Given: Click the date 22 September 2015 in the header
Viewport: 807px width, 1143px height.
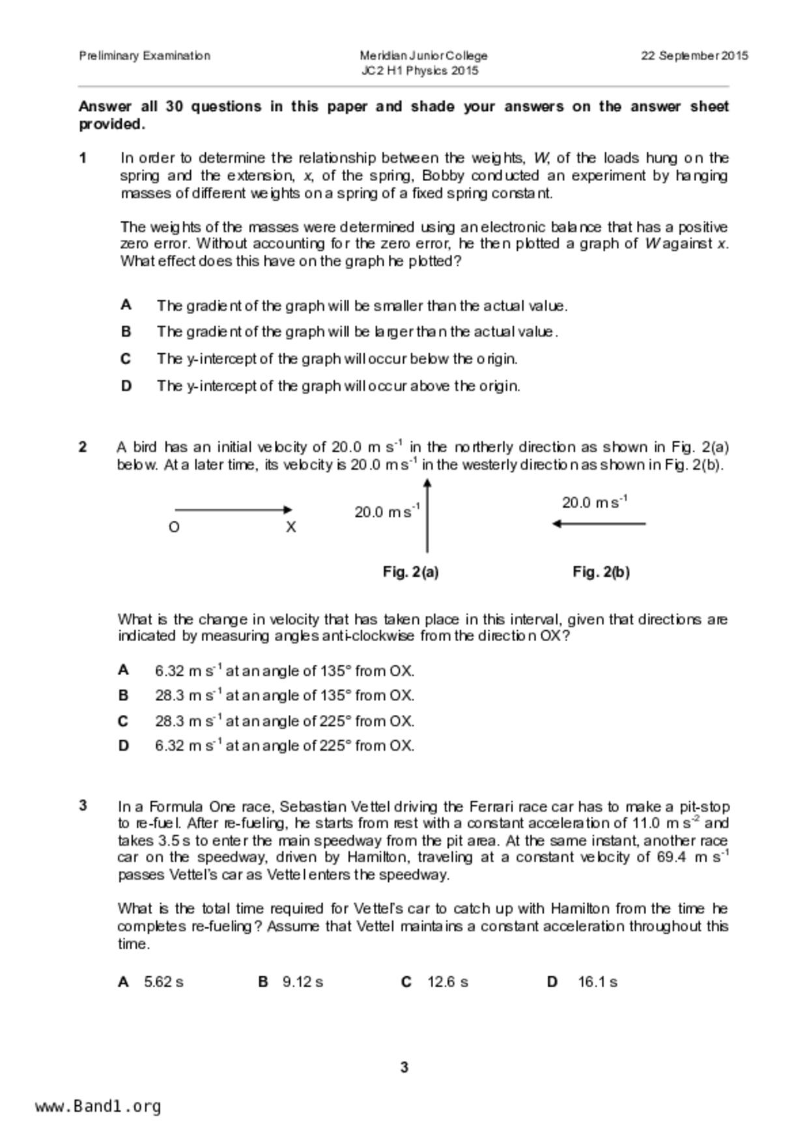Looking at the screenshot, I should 694,56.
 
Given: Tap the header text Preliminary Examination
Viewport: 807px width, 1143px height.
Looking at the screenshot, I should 145,56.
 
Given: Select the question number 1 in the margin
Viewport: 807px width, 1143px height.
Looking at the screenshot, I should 83,158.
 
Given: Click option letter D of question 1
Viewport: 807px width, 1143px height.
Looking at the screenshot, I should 126,386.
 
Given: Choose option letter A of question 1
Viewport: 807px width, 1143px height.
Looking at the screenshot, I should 126,305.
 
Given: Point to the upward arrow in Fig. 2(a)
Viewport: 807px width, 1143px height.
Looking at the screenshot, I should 427,515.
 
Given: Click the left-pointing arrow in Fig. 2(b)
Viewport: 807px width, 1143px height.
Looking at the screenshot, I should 599,523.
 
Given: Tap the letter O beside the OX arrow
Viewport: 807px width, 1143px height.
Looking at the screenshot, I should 174,528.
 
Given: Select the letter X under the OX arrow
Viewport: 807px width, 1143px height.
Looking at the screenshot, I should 290,528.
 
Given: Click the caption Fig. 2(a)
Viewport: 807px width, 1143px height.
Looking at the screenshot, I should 410,572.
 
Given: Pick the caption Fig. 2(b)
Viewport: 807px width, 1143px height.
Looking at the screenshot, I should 601,572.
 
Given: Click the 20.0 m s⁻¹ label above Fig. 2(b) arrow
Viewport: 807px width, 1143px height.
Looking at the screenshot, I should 594,502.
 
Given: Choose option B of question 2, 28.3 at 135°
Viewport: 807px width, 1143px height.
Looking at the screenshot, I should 284,696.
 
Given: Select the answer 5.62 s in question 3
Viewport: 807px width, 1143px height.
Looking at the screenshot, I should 163,982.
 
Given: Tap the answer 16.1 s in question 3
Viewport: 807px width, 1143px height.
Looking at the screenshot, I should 597,982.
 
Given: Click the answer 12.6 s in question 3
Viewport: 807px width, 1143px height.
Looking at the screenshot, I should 447,982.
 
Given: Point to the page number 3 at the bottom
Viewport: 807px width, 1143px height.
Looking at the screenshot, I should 404,1067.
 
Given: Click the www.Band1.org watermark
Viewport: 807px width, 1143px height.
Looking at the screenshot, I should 98,1107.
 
